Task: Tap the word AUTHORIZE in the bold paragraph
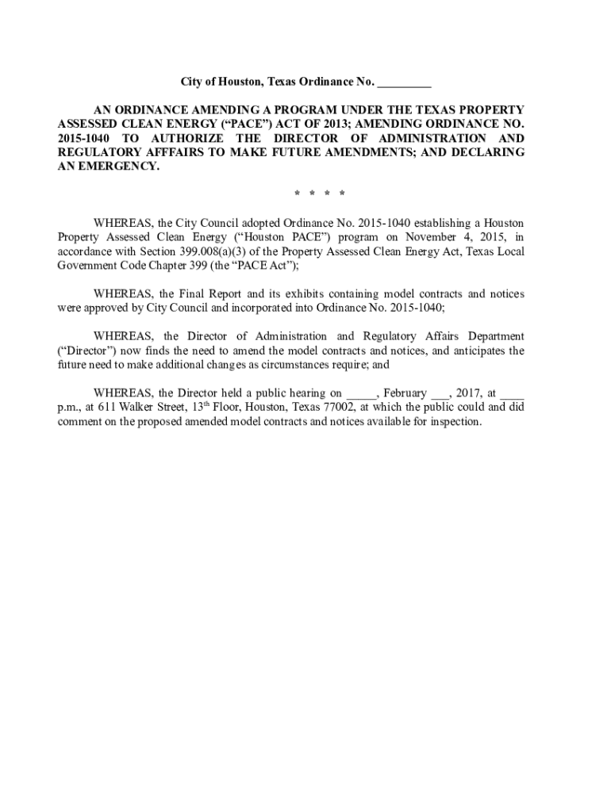(x=182, y=138)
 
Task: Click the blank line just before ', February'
(x=360, y=393)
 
